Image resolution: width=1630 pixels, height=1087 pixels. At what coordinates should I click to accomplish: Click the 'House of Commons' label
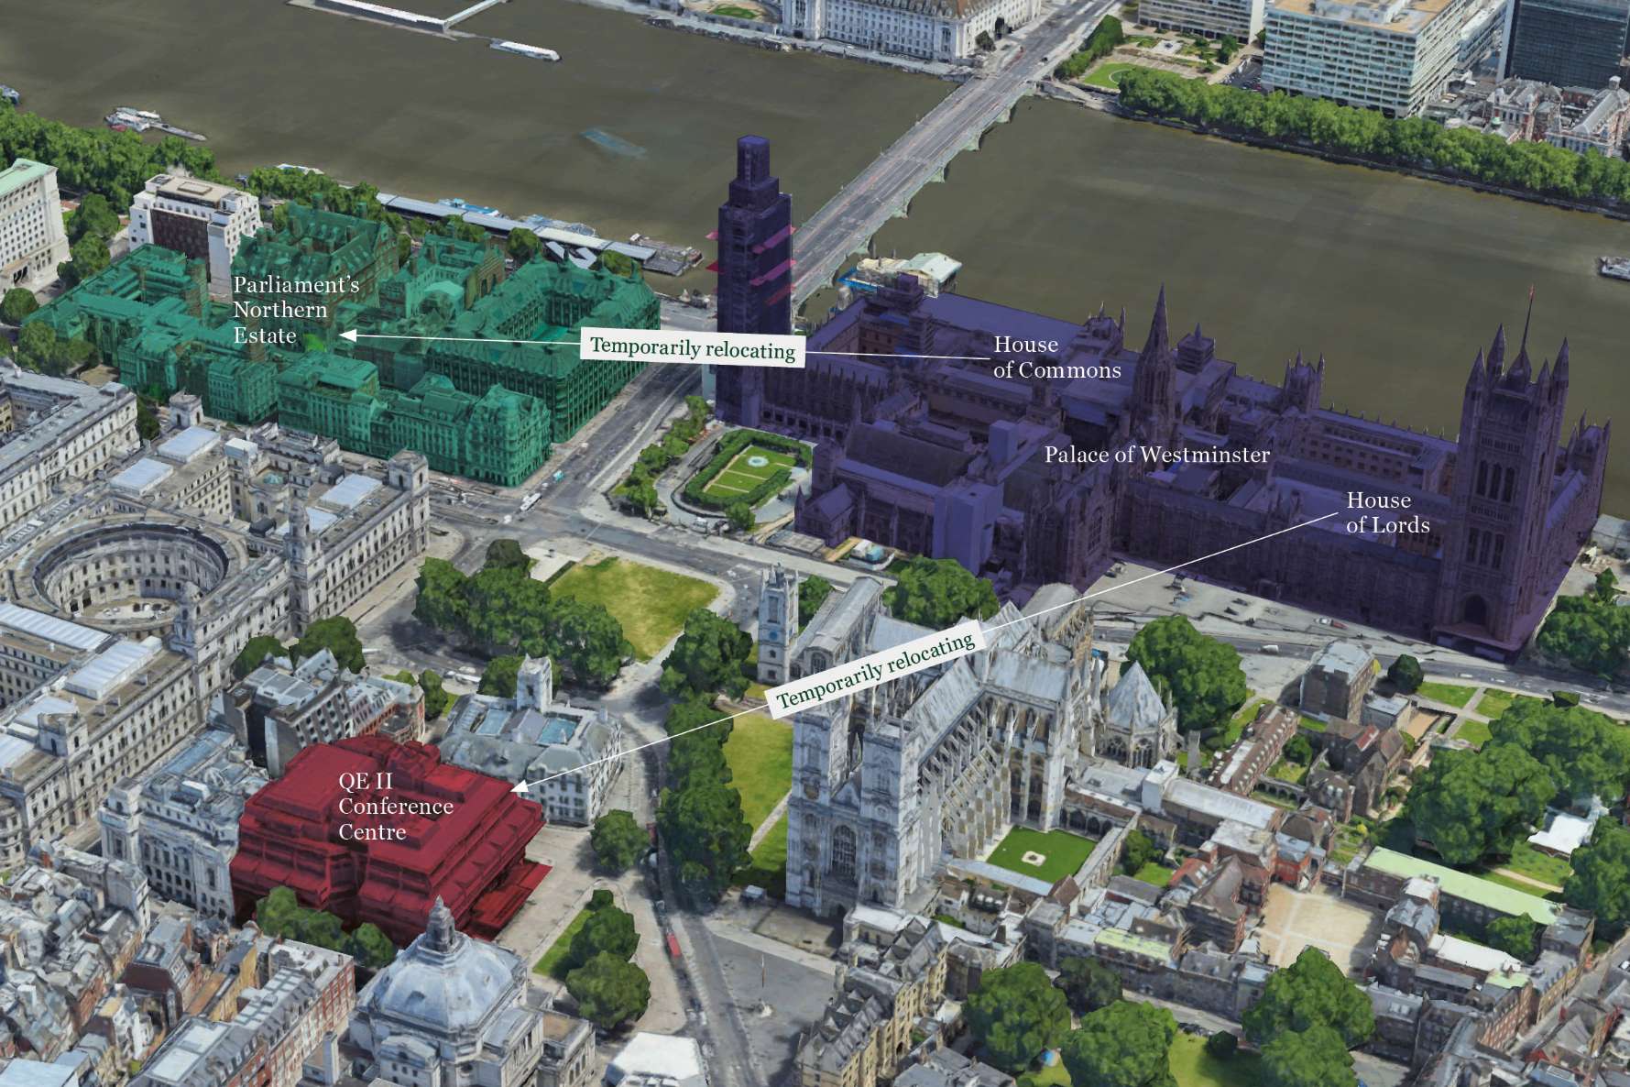1056,357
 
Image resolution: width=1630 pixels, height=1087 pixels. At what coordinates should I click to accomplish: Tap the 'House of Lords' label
1387,512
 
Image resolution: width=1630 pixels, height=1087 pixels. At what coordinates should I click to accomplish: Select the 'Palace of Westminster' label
1157,455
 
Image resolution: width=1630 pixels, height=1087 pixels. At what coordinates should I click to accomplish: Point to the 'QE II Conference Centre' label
395,807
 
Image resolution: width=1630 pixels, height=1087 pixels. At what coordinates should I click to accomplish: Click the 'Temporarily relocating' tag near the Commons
693,348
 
